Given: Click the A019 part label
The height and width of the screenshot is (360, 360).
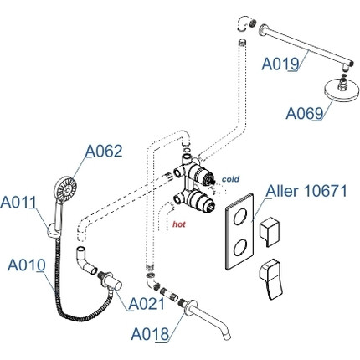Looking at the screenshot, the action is (280, 64).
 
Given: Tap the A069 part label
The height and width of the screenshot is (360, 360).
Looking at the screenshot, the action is (305, 113).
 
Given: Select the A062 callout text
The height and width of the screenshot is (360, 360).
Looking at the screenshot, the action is (104, 151).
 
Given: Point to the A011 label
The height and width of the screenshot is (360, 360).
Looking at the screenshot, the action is (18, 202).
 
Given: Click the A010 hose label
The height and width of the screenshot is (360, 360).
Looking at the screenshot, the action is (26, 265).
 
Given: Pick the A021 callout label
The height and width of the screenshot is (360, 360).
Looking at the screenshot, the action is (147, 304).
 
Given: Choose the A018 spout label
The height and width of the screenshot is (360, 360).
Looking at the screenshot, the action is (150, 334).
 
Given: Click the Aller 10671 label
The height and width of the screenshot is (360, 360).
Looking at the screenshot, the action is (306, 191).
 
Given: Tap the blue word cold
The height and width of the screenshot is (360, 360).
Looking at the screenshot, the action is (230, 179).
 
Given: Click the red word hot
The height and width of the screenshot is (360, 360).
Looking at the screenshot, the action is (179, 224).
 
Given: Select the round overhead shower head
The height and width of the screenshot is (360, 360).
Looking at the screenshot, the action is (342, 90).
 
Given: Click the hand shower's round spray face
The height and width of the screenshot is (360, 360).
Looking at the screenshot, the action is (65, 187).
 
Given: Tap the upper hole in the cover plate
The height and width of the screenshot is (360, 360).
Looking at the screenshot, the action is (240, 216).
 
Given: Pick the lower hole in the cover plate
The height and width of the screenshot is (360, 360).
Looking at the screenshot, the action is (240, 248).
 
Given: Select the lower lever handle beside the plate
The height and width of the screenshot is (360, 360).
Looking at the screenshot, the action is (270, 280).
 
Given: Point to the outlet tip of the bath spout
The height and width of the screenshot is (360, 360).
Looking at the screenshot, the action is (228, 336).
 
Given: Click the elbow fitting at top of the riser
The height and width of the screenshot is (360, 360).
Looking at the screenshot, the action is (244, 24).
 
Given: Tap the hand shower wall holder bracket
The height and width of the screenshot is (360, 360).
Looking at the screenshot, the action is (54, 230).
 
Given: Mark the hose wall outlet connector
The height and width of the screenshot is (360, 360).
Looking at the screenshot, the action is (113, 282).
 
